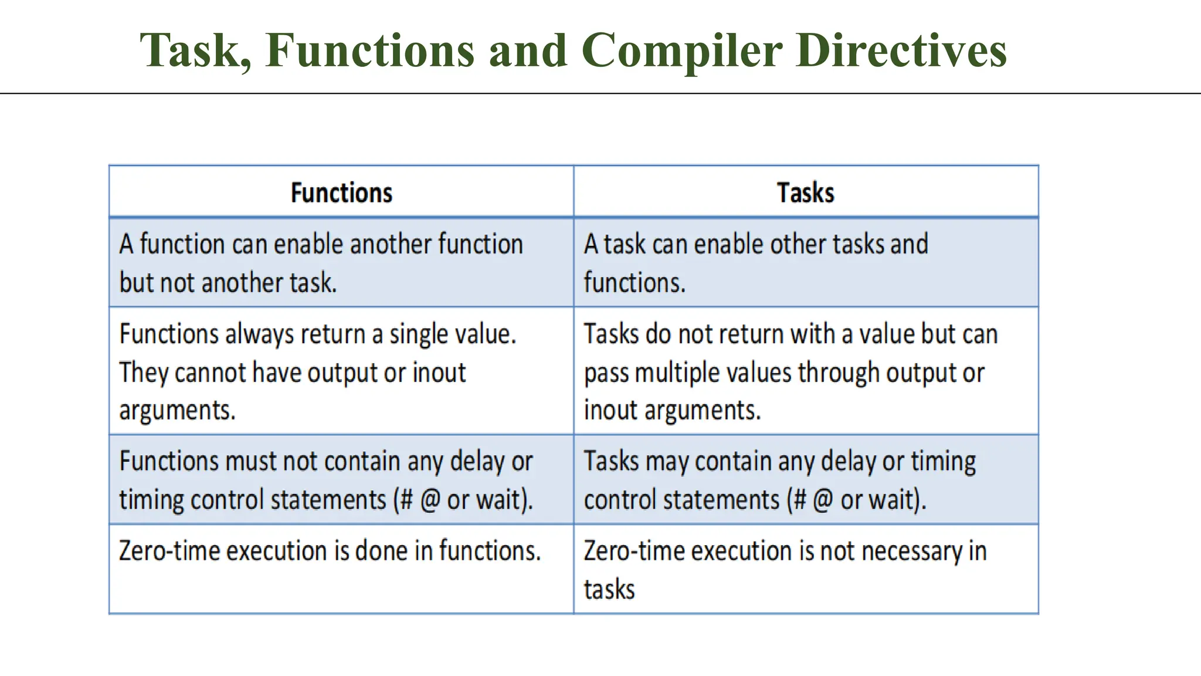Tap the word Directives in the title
[x=901, y=50]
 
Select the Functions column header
[x=341, y=193]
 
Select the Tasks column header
[x=805, y=193]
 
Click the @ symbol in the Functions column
[x=430, y=501]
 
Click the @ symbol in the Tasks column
[x=823, y=501]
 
